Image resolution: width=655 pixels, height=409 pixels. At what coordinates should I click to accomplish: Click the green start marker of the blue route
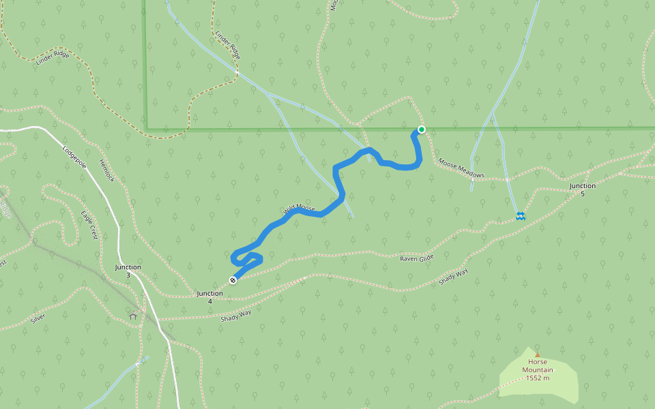click(x=422, y=130)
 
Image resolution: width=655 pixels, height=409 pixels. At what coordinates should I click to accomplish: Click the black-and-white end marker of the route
click(x=233, y=280)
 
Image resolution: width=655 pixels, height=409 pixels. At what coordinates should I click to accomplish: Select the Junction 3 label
click(x=128, y=271)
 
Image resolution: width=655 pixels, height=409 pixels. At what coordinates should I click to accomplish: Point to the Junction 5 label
click(x=583, y=190)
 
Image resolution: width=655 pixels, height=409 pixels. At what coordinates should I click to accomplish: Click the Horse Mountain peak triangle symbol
click(x=537, y=354)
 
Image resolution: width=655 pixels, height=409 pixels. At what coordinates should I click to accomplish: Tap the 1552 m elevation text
click(x=538, y=378)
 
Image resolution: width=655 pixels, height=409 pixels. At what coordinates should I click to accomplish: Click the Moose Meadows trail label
click(x=461, y=169)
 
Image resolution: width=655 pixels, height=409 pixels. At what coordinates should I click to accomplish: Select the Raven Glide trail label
click(x=417, y=258)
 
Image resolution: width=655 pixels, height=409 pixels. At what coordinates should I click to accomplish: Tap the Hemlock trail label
click(x=106, y=170)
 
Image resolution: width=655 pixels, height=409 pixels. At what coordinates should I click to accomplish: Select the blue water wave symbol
click(x=520, y=216)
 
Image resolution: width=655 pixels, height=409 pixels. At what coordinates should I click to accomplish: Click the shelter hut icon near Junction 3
click(x=133, y=316)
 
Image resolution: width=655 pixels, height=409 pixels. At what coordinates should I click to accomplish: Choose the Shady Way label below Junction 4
click(x=236, y=315)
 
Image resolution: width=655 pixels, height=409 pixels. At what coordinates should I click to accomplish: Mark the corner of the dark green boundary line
click(x=146, y=129)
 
